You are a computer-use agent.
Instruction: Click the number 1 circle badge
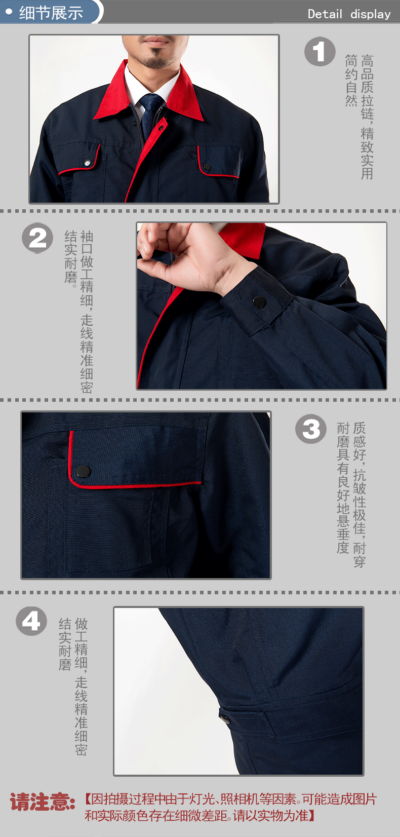[319, 52]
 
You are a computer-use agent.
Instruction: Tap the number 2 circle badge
[37, 238]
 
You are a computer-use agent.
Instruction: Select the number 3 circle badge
[311, 429]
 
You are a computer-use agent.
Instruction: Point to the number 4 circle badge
[31, 622]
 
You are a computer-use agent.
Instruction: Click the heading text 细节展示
[51, 13]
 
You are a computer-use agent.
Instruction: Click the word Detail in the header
[325, 14]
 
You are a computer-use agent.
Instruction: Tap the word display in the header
[371, 14]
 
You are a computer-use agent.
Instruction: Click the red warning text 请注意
[42, 802]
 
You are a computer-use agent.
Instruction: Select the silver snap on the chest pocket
[88, 162]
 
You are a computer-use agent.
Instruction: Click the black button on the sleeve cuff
[259, 301]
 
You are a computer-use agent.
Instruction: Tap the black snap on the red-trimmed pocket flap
[83, 472]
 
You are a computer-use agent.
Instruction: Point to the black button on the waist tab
[225, 718]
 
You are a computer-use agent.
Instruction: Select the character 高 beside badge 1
[367, 60]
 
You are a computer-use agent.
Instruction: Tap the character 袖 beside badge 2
[87, 237]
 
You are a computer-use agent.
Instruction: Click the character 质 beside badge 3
[359, 428]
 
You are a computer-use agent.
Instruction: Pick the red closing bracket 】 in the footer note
[311, 815]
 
